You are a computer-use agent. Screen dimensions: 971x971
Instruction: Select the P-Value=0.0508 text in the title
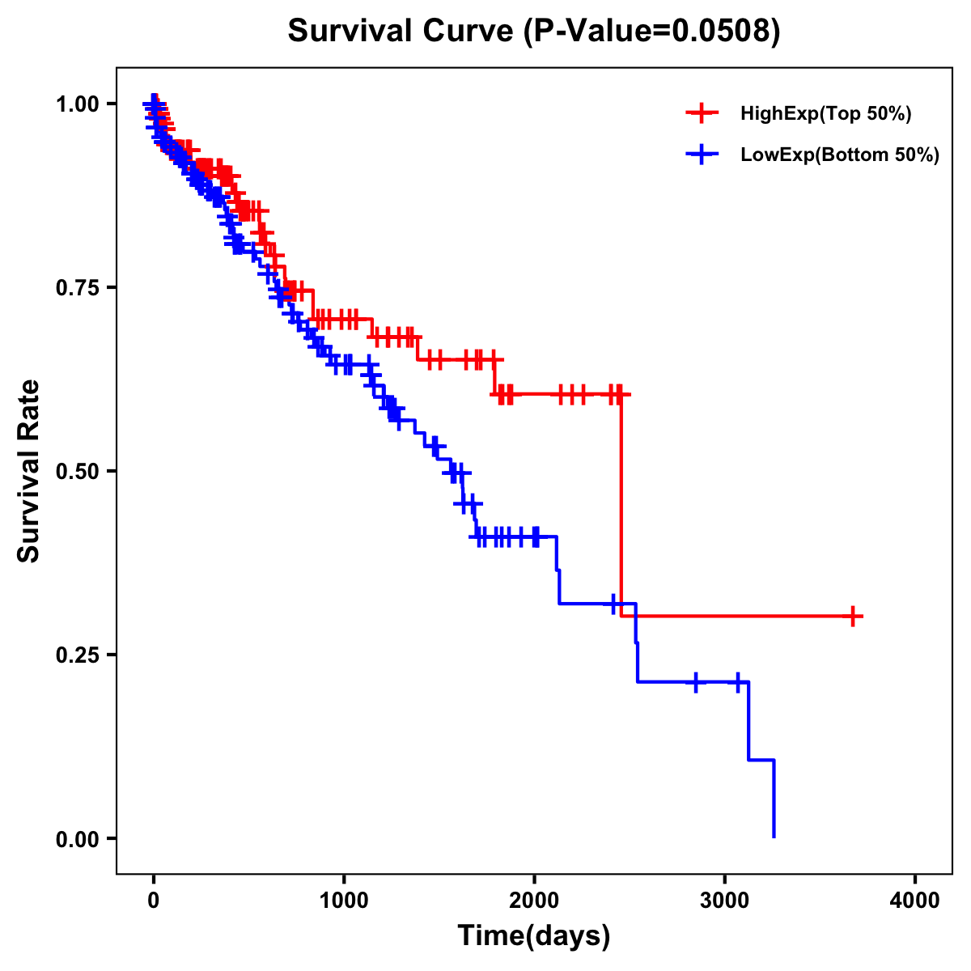tap(652, 32)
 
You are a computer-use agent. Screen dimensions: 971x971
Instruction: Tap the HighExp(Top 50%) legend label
tap(826, 114)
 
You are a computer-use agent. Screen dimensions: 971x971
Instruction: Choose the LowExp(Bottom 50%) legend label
tap(840, 155)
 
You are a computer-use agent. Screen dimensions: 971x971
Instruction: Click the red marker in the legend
tap(702, 114)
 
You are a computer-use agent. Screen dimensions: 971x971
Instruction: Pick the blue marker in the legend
tap(702, 155)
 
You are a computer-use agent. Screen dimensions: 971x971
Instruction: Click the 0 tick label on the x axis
tap(154, 901)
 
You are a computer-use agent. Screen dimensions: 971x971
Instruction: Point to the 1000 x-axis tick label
tap(344, 901)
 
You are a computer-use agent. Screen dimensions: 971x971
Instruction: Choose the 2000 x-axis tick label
tap(534, 901)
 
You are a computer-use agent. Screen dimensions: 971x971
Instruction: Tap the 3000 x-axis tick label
tap(725, 901)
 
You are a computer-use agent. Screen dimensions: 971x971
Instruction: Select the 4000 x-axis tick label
tap(915, 901)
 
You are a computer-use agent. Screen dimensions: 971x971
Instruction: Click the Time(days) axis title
tap(534, 936)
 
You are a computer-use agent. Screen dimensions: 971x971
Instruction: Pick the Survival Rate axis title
tap(29, 471)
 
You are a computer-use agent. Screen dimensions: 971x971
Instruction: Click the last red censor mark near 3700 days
tap(852, 617)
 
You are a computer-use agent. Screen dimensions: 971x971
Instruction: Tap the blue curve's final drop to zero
tap(774, 801)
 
